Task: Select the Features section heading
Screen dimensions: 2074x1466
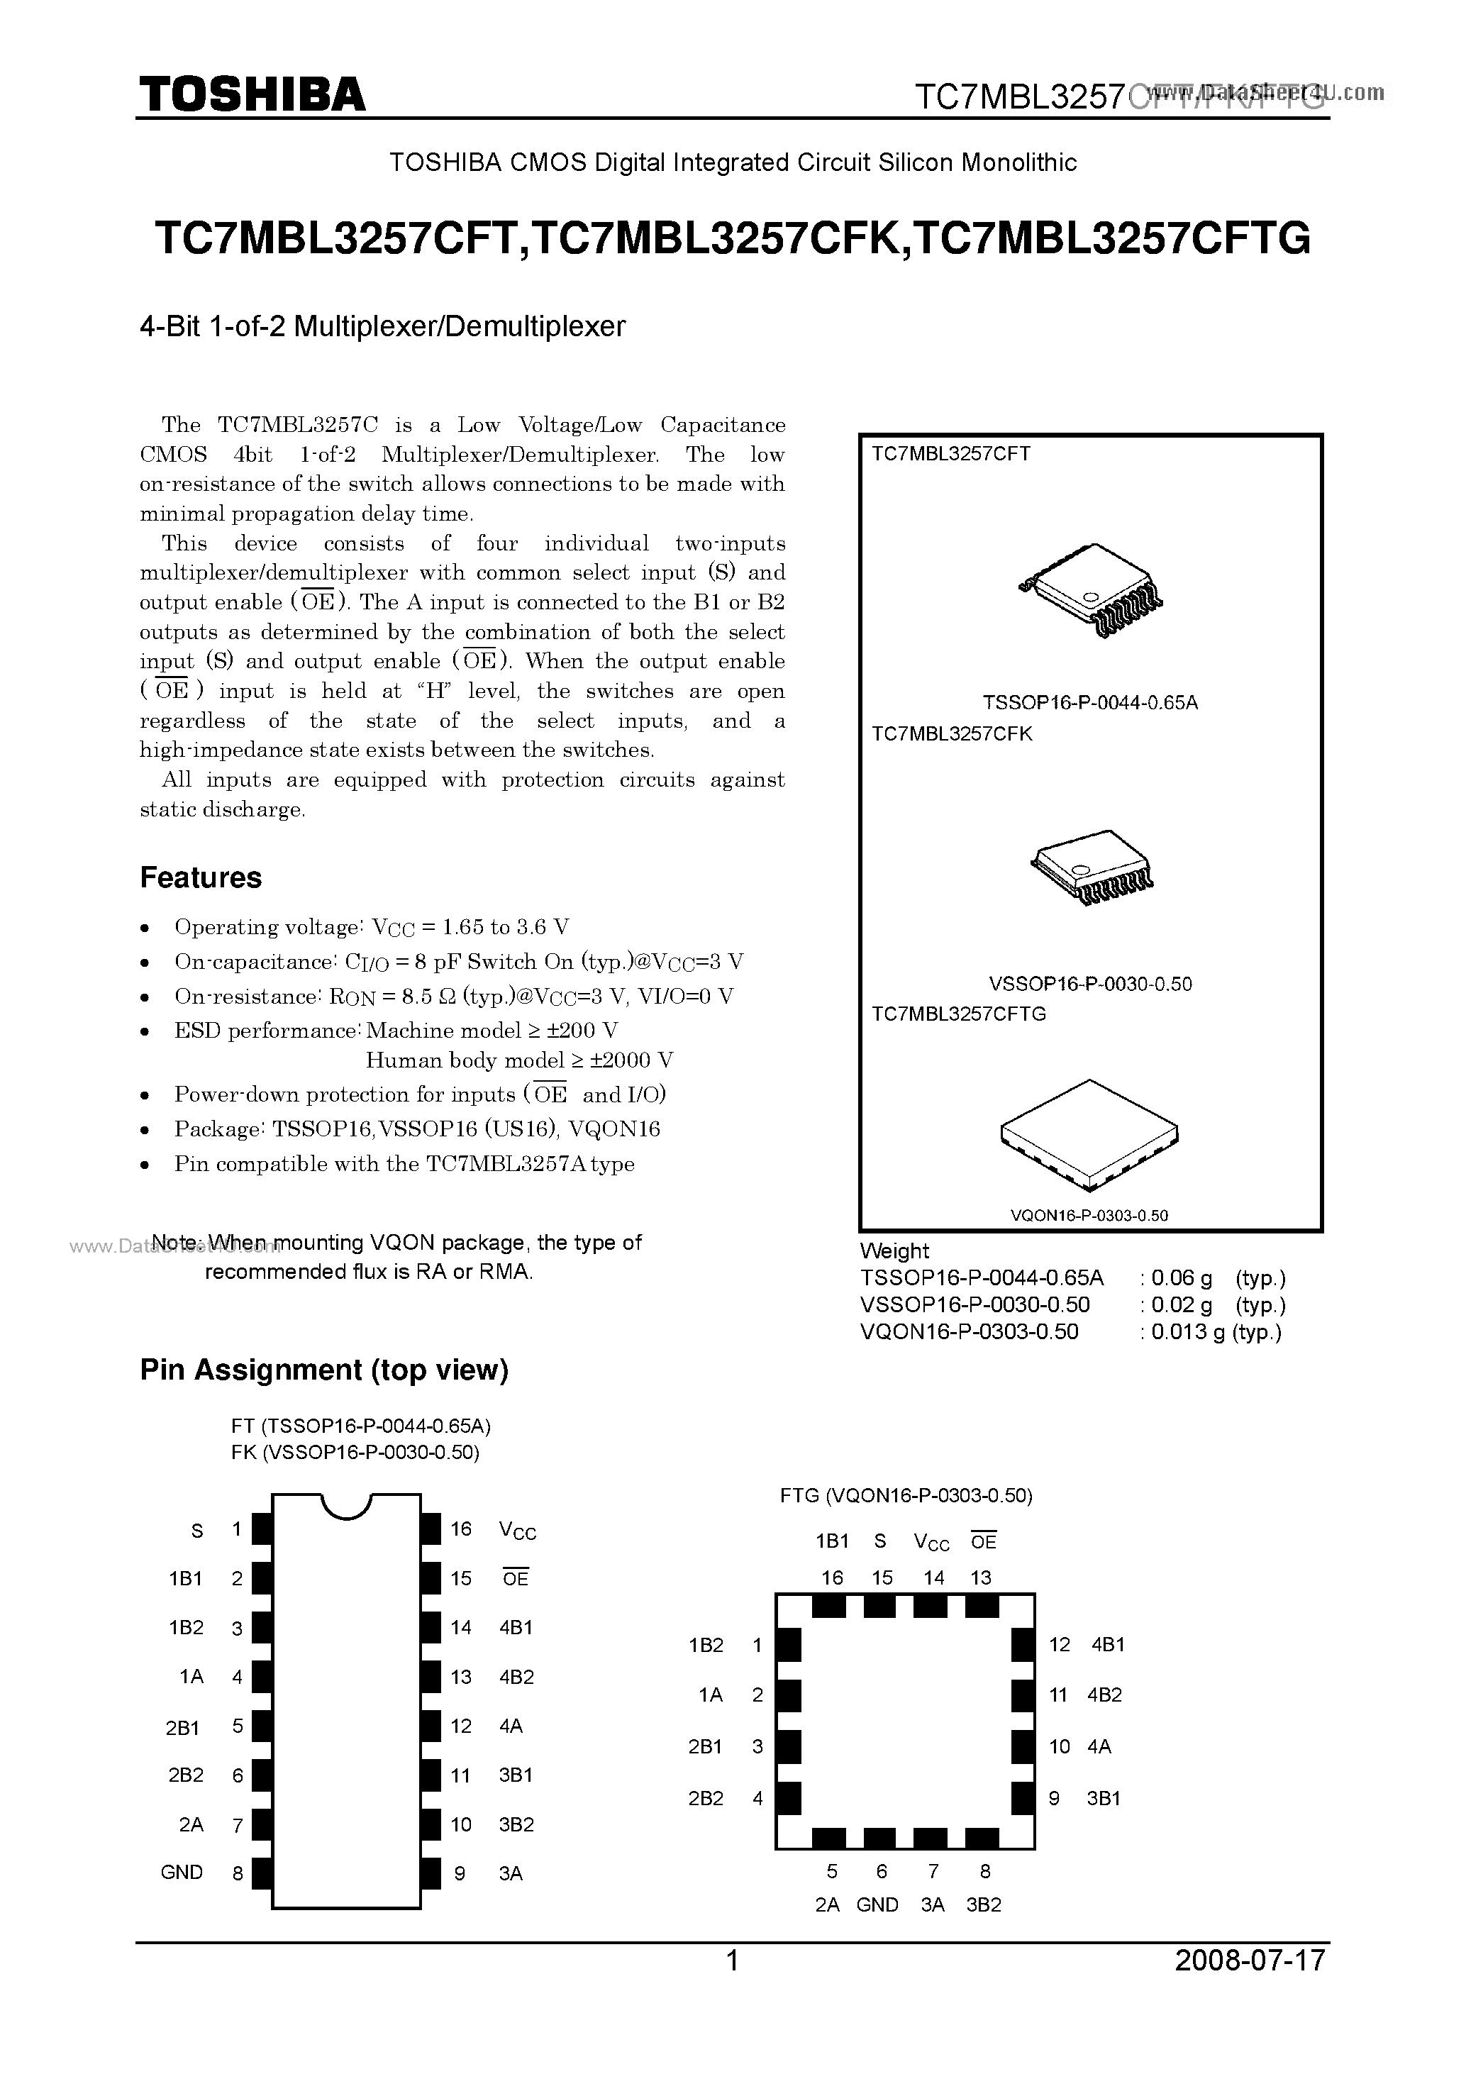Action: (x=201, y=877)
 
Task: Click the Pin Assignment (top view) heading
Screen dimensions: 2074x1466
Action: (x=324, y=1370)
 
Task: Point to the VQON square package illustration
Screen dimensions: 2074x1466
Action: (x=1089, y=1135)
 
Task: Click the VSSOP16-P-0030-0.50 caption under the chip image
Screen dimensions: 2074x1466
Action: (x=1090, y=984)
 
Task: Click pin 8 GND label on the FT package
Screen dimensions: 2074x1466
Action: (x=182, y=1873)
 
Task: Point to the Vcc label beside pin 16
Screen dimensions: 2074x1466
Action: (x=518, y=1530)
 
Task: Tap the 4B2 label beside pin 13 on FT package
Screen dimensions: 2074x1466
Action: (x=516, y=1677)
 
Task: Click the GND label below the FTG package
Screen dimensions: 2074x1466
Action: (x=877, y=1905)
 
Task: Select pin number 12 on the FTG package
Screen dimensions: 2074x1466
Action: (x=1060, y=1645)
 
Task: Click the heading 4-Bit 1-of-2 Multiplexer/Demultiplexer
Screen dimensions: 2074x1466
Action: (x=383, y=325)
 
